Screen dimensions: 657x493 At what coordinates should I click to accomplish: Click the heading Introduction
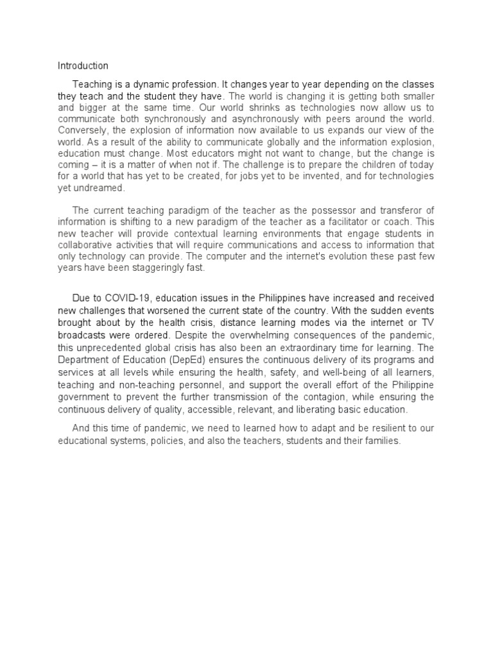pyautogui.click(x=83, y=65)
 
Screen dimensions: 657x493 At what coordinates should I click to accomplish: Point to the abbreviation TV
pyautogui.click(x=428, y=321)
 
